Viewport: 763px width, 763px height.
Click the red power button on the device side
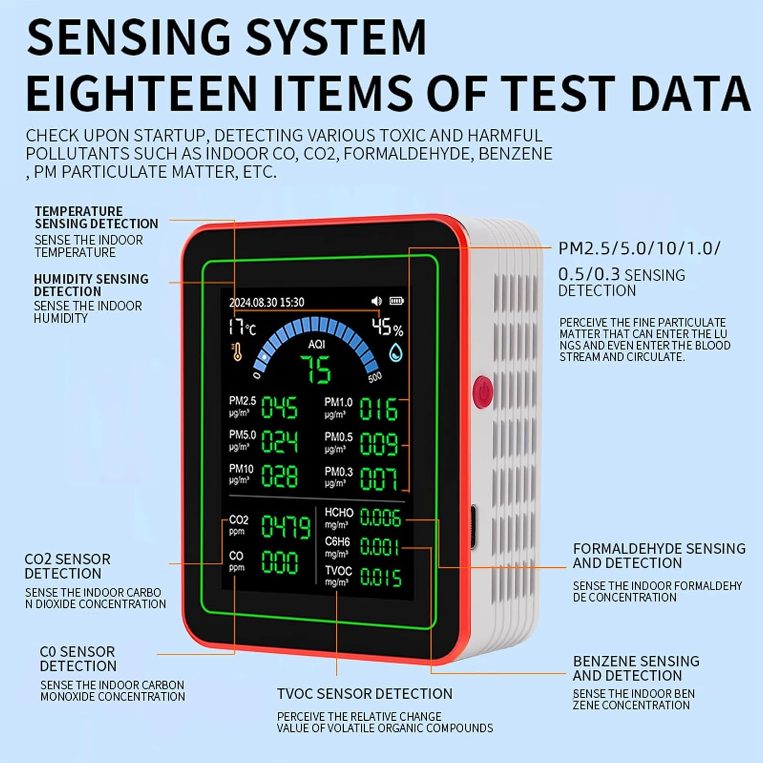point(483,392)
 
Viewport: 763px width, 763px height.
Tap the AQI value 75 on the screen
point(316,369)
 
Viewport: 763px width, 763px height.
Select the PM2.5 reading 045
point(279,408)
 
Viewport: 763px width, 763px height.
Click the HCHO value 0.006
point(380,518)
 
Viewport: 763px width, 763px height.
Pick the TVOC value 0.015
point(380,577)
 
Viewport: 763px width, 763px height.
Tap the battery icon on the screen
point(396,301)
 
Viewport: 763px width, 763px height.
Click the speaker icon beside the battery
point(376,301)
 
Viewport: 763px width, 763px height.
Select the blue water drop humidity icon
point(396,353)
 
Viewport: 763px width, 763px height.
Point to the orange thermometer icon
point(237,352)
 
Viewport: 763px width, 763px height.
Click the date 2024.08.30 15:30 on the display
point(267,303)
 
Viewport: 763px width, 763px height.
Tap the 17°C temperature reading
point(242,327)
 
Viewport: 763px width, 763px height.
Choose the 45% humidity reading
point(387,327)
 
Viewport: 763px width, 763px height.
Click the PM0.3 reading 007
point(378,479)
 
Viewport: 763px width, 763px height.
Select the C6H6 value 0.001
point(379,547)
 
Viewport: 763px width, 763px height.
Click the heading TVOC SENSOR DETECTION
point(364,694)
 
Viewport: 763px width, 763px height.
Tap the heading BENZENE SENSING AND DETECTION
point(636,668)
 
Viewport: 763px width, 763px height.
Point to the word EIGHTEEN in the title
point(142,93)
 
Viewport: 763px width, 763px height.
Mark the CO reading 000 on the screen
point(279,563)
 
